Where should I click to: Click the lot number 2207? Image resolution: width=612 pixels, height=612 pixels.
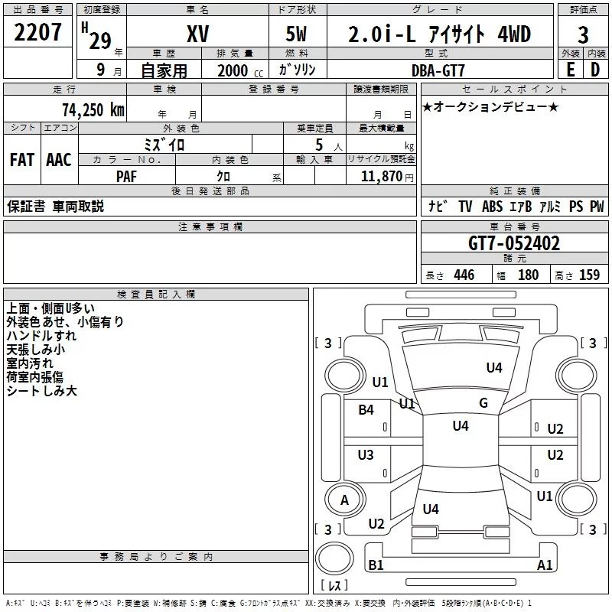[37, 33]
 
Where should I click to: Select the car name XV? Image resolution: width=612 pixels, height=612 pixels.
[198, 34]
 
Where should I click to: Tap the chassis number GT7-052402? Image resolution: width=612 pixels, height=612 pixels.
[514, 243]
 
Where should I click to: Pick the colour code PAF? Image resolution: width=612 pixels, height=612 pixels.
[127, 175]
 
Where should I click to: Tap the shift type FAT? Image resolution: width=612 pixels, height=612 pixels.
[21, 160]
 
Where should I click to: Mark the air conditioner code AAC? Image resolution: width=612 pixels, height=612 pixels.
[59, 160]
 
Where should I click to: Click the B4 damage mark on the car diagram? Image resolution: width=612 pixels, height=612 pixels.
[366, 410]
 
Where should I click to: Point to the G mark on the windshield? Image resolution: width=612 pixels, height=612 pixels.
[483, 403]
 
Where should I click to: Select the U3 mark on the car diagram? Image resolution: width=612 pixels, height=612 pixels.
[366, 455]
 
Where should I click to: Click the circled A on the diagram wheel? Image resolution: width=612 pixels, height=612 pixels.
[344, 500]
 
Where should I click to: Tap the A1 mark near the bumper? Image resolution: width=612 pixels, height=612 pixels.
[545, 565]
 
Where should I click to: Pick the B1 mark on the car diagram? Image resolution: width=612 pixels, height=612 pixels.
[376, 565]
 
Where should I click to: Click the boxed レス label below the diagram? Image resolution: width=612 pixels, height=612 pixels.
[334, 587]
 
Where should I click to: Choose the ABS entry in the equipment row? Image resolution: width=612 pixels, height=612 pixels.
[491, 207]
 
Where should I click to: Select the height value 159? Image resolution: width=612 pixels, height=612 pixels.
[589, 275]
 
